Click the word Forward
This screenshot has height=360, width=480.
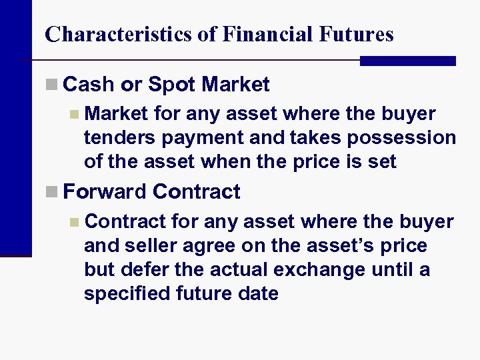pos(105,192)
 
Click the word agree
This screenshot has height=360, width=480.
pos(206,246)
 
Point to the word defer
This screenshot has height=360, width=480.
pos(138,270)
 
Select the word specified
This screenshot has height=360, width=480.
pos(128,294)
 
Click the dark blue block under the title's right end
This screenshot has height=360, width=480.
pos(407,61)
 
